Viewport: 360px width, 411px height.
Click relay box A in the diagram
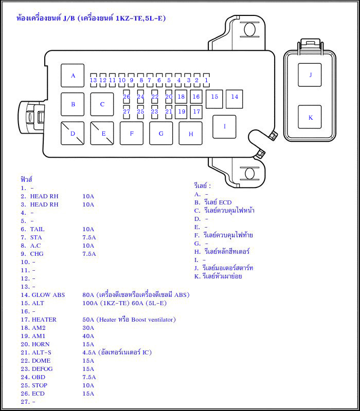click(x=73, y=76)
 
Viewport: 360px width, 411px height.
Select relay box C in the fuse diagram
click(x=102, y=104)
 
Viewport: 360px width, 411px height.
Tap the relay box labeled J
click(x=310, y=75)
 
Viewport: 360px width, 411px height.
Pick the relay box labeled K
click(x=310, y=117)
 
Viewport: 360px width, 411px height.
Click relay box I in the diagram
click(x=224, y=126)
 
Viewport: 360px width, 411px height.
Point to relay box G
click(x=161, y=134)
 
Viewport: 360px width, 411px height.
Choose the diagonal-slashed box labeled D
click(x=73, y=134)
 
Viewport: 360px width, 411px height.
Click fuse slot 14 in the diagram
click(x=235, y=97)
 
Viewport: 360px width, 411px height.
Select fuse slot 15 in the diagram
click(x=214, y=97)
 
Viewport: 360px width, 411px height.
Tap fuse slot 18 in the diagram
click(x=181, y=97)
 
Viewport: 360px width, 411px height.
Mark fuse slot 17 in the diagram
click(x=196, y=111)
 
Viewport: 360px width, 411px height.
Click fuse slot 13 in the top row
click(x=93, y=80)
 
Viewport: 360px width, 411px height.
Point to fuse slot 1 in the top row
click(x=206, y=80)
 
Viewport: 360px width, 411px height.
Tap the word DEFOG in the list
click(x=42, y=369)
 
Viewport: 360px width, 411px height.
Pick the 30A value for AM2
click(x=88, y=328)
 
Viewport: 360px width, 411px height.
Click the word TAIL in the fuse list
click(x=38, y=229)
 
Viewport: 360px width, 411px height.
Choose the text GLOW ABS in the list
click(x=48, y=295)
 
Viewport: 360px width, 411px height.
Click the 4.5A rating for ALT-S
click(x=89, y=352)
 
